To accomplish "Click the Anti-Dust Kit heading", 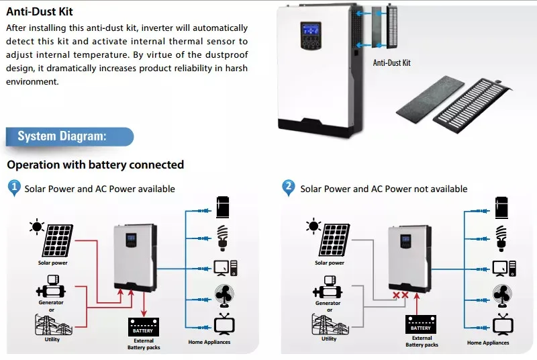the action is pyautogui.click(x=40, y=11).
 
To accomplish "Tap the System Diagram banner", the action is pyautogui.click(x=70, y=136).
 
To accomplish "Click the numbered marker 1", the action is pyautogui.click(x=14, y=187).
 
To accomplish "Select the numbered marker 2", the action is pyautogui.click(x=289, y=187).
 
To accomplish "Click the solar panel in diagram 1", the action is pyautogui.click(x=58, y=240).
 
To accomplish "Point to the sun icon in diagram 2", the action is pyautogui.click(x=313, y=226).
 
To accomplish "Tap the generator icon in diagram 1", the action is pyautogui.click(x=51, y=287).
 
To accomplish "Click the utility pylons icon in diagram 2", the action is pyautogui.click(x=330, y=324).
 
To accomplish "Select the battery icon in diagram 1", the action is pyautogui.click(x=144, y=327).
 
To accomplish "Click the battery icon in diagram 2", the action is pyautogui.click(x=421, y=324).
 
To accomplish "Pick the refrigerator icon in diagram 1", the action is pyautogui.click(x=223, y=208).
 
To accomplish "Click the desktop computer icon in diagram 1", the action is pyautogui.click(x=226, y=268).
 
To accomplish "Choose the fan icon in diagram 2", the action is pyautogui.click(x=502, y=296).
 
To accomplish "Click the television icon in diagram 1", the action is pyautogui.click(x=224, y=324).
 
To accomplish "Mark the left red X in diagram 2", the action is pyautogui.click(x=396, y=295).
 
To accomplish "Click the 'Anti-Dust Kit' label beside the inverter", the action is pyautogui.click(x=391, y=63).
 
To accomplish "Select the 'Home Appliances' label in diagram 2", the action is pyautogui.click(x=488, y=343).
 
